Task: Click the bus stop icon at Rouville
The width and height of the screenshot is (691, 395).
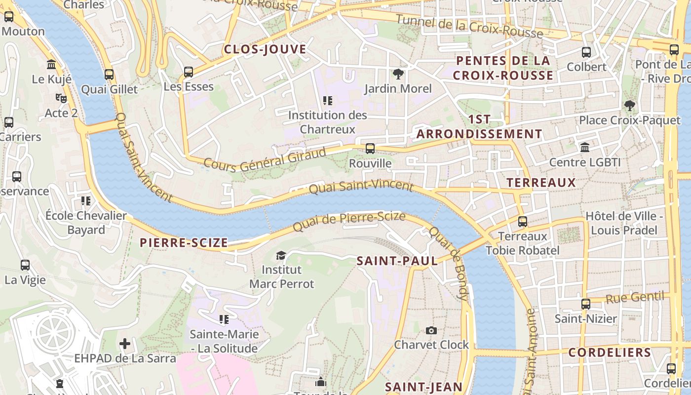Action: [x=370, y=148]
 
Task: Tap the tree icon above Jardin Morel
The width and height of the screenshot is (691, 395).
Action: [x=398, y=75]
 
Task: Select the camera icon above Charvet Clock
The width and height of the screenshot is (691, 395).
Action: [x=431, y=330]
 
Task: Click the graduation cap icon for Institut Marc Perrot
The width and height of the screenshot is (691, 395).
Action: [x=281, y=255]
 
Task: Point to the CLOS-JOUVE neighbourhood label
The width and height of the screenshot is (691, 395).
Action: [x=265, y=49]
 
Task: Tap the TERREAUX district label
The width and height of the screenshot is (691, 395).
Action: [x=541, y=183]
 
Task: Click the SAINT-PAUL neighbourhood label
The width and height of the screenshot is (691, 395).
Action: [x=397, y=261]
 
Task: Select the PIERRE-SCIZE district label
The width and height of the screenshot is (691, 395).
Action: [x=184, y=243]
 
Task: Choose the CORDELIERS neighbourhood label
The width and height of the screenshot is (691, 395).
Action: [x=610, y=353]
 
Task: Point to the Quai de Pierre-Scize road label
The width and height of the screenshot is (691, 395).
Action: [x=349, y=222]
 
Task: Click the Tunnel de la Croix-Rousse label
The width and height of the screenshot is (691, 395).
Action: [x=469, y=27]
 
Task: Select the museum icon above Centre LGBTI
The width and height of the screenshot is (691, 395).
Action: [x=585, y=148]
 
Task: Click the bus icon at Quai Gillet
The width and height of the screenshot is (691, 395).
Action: [x=109, y=75]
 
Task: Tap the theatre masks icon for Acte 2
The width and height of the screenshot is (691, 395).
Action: [x=61, y=98]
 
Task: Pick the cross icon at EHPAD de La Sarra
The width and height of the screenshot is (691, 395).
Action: [x=125, y=344]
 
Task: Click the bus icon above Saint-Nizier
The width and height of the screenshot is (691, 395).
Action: [x=586, y=304]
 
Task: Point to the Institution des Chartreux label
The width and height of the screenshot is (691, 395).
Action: [x=328, y=122]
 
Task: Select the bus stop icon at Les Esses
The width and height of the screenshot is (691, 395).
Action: [x=189, y=72]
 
